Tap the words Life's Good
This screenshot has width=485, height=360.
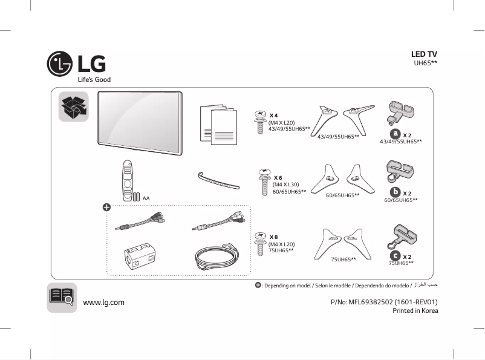coord(94,80)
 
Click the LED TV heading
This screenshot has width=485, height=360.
coord(424,54)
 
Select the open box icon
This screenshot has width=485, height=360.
coord(73,106)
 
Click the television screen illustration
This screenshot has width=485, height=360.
coord(138,118)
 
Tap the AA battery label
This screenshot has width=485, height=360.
coord(146,198)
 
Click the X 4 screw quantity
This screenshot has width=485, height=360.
coord(273,115)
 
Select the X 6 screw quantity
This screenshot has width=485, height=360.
coord(278,177)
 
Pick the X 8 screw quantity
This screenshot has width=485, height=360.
coord(273,237)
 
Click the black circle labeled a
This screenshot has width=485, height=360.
coord(395,133)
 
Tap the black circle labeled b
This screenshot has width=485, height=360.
coord(394,192)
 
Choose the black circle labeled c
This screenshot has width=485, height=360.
coord(395,256)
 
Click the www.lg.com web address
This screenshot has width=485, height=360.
coord(103,303)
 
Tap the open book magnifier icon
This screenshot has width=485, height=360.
coord(62,297)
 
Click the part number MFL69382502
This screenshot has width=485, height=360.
coord(375,302)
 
